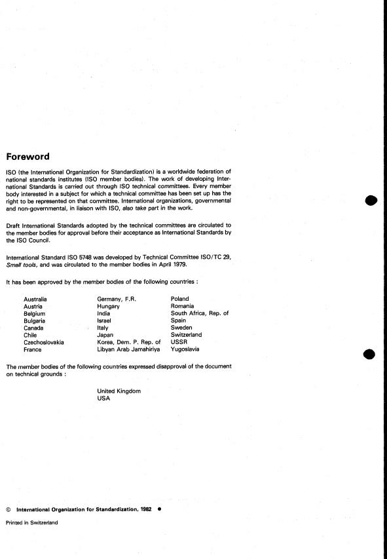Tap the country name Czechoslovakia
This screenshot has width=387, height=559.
44,342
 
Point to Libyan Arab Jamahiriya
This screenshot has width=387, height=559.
128,349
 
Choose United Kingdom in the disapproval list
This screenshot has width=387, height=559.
119,391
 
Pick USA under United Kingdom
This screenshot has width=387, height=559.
103,398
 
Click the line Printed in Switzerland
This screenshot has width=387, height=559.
32,522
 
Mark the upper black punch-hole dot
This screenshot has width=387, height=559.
372,201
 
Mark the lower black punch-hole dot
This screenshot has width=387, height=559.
369,354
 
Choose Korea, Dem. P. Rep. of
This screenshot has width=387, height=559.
128,342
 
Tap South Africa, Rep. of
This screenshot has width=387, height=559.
200,313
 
